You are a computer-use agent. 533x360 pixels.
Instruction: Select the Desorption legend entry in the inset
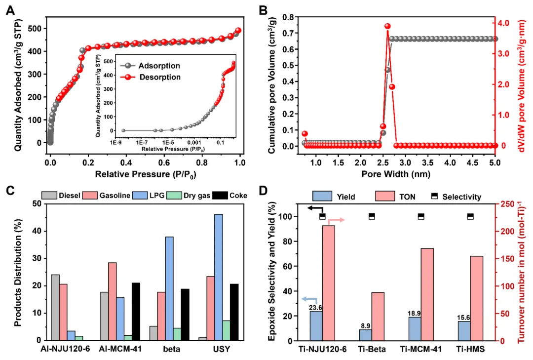coord(159,77)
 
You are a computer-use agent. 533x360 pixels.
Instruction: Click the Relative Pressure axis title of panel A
coord(145,174)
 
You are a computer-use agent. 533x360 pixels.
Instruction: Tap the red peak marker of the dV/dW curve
coord(387,26)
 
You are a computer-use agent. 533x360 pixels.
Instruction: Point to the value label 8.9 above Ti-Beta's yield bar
coord(365,325)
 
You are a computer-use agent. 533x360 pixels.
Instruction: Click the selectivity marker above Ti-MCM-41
coord(421,216)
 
